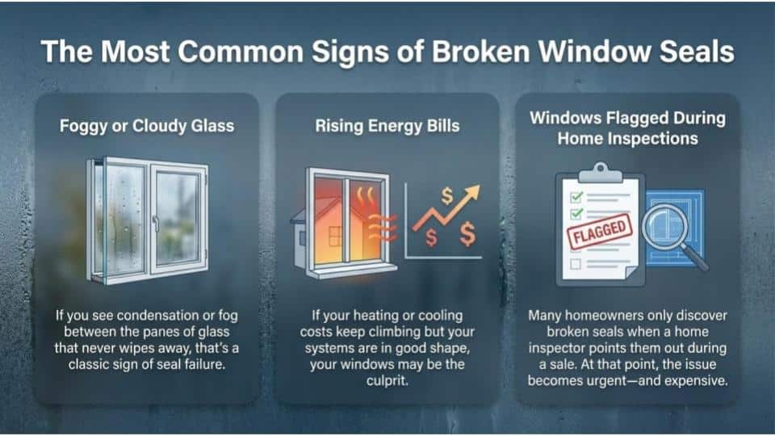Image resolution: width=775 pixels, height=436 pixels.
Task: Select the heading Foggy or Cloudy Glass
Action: coord(147,126)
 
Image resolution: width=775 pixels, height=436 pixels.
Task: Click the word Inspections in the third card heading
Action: coord(649,138)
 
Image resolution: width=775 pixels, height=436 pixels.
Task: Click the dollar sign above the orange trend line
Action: coord(446,195)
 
